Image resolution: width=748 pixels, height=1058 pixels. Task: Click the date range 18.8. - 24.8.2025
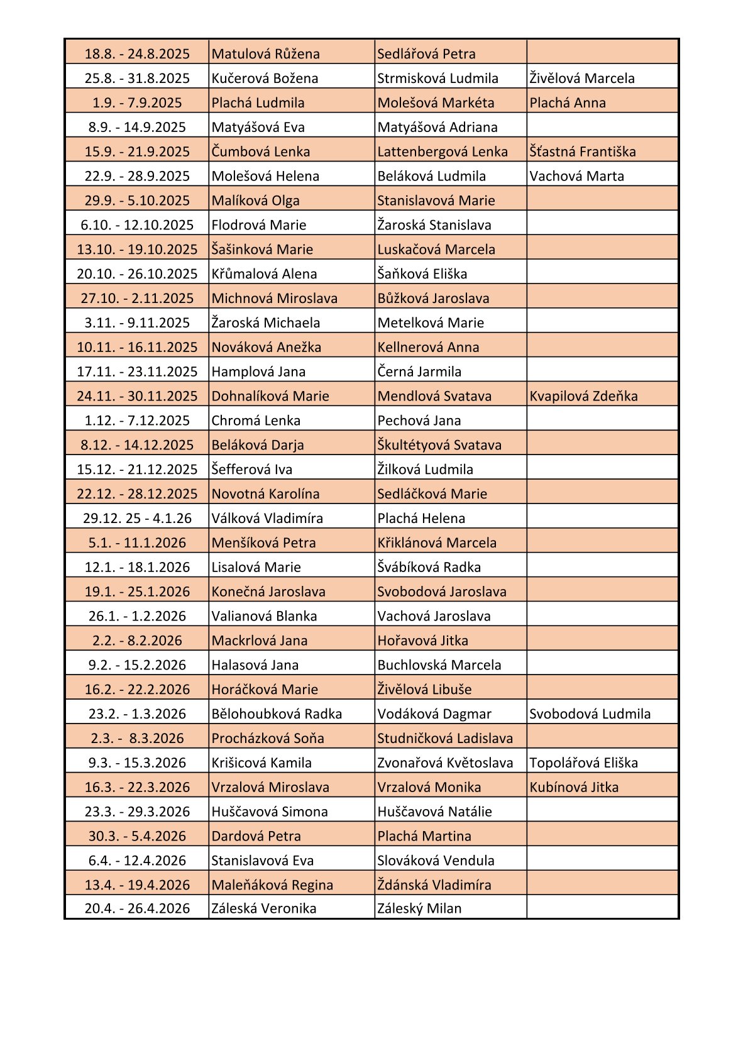click(x=137, y=54)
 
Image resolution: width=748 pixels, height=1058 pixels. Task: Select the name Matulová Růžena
click(x=265, y=54)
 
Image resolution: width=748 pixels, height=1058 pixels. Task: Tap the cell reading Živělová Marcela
click(x=581, y=79)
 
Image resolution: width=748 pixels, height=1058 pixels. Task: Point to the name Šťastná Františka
click(x=582, y=152)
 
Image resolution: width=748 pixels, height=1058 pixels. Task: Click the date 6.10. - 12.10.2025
click(x=137, y=225)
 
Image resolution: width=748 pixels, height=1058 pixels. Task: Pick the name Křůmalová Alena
click(x=264, y=274)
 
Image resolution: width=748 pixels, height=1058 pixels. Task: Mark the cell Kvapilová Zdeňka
click(x=583, y=396)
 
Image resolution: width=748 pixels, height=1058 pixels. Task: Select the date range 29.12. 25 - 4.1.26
click(x=137, y=519)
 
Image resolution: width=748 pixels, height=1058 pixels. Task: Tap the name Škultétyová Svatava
click(x=439, y=445)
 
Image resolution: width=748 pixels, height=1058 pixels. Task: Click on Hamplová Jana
click(x=258, y=372)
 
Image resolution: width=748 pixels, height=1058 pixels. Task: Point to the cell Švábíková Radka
click(x=429, y=567)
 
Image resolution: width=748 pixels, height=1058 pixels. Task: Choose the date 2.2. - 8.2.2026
click(x=137, y=641)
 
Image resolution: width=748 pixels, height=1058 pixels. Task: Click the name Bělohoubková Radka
click(x=277, y=714)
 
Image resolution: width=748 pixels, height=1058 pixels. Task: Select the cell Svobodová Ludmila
click(x=590, y=714)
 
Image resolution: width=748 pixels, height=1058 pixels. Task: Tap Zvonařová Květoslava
click(x=445, y=763)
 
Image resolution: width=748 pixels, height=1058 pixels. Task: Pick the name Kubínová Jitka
click(x=573, y=787)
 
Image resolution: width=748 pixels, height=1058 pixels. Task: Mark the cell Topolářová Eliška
click(x=583, y=763)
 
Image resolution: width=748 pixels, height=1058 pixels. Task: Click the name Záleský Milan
click(x=419, y=908)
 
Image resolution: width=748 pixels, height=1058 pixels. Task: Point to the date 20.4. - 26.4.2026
click(x=137, y=908)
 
